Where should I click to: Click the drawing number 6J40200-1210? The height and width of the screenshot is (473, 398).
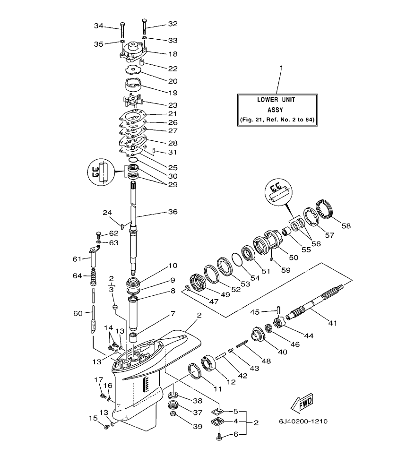click(303, 421)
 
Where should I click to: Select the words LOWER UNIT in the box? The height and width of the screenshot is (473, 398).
click(277, 100)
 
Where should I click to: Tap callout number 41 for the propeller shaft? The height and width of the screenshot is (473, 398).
click(333, 323)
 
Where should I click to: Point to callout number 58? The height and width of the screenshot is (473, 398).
click(346, 226)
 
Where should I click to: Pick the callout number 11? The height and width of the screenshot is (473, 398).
click(217, 389)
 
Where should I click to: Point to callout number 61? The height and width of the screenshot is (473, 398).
click(77, 258)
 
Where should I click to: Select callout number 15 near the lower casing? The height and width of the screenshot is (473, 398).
click(93, 418)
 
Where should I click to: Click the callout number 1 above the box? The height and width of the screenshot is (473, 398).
click(281, 68)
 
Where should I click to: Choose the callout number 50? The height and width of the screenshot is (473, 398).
click(293, 257)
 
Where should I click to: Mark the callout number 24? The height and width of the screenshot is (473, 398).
click(108, 212)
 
